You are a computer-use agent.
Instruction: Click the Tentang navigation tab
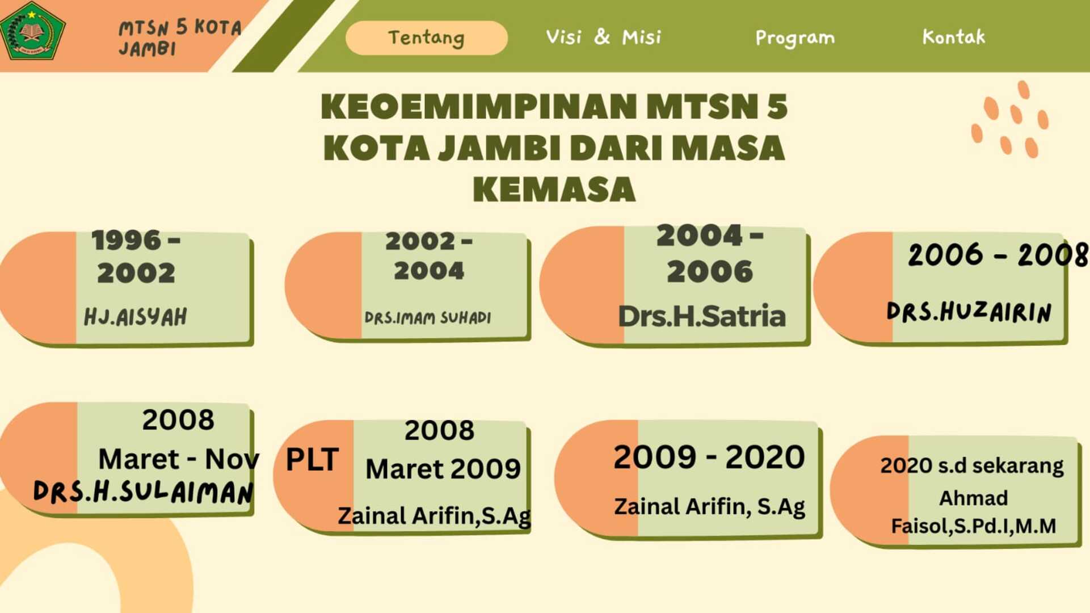point(426,37)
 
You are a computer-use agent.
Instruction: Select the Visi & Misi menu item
point(603,37)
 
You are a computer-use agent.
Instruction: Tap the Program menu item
point(795,38)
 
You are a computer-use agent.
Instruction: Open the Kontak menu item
point(954,37)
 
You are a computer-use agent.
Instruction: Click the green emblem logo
point(32,31)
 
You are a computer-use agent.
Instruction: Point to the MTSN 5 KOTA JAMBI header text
point(180,37)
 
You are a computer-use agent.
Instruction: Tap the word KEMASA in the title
point(554,190)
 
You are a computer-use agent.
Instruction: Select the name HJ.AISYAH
point(136,317)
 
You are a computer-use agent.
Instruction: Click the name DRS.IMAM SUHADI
point(428,318)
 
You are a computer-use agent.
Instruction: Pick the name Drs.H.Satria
point(702,316)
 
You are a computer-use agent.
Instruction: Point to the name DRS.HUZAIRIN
point(969,312)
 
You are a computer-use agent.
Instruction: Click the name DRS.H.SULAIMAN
point(143,492)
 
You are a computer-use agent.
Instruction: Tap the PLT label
point(312,459)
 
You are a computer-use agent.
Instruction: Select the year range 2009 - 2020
point(709,457)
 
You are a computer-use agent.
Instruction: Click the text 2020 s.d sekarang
point(972,465)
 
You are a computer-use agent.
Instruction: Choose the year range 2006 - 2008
point(998,254)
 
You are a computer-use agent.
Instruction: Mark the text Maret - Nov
point(179,459)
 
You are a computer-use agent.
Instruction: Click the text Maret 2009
point(443,469)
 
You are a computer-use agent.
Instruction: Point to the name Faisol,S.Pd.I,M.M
point(974,526)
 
